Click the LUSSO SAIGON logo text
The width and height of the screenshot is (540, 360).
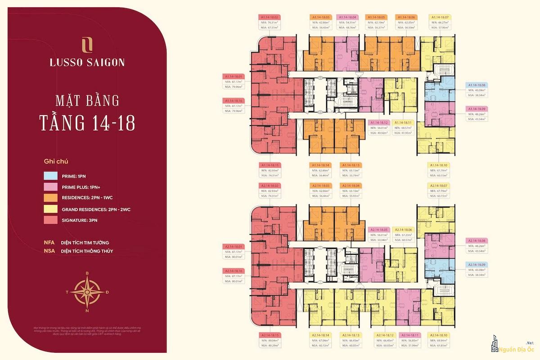(x=87, y=63)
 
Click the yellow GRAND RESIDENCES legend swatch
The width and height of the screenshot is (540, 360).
(x=50, y=209)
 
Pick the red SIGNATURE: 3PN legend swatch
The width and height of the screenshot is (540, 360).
(x=50, y=220)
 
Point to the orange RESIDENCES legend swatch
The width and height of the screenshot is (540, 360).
(x=50, y=198)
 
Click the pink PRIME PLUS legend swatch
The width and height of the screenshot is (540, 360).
(x=50, y=187)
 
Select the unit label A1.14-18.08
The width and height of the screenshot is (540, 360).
(x=477, y=85)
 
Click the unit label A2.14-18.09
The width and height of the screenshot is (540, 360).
(x=477, y=265)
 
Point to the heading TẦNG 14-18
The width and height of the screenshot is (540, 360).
(x=87, y=122)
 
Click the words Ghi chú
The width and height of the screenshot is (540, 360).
(x=56, y=161)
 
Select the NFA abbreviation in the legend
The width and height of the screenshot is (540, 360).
(x=49, y=243)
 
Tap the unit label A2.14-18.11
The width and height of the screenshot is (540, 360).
(x=408, y=335)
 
